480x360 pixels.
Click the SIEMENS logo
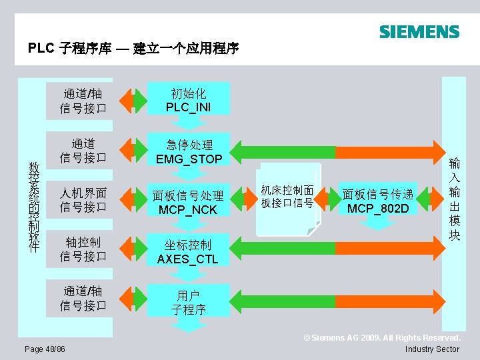(419, 32)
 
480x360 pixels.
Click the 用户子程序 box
(187, 302)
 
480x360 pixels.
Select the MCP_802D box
(378, 201)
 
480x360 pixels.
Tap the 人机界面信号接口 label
(83, 200)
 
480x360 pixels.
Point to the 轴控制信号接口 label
(83, 249)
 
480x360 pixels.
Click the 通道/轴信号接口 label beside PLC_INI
(83, 99)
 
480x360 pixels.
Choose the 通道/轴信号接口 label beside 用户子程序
(83, 298)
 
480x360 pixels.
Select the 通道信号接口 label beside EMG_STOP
(83, 151)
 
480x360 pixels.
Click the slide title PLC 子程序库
(133, 49)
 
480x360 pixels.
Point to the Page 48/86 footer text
(45, 349)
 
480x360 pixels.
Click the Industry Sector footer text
(432, 349)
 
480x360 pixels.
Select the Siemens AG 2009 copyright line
(382, 338)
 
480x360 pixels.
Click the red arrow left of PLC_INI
(139, 99)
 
